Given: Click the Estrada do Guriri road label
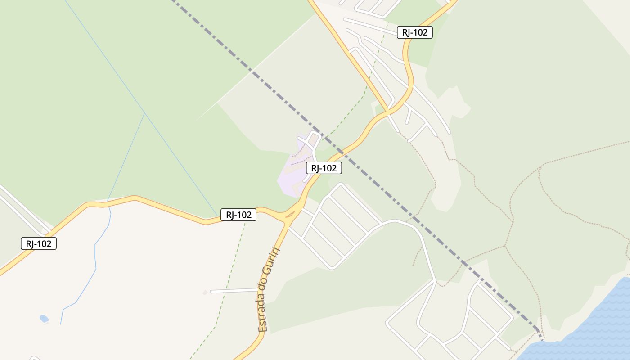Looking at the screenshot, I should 269,290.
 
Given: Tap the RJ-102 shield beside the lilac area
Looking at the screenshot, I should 324,168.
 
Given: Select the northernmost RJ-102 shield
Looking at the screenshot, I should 414,32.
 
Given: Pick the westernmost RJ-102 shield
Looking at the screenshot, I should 39,244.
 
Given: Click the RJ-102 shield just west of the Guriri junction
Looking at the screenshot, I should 238,215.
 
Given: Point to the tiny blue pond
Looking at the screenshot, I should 44,319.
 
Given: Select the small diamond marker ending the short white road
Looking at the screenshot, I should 205,292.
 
